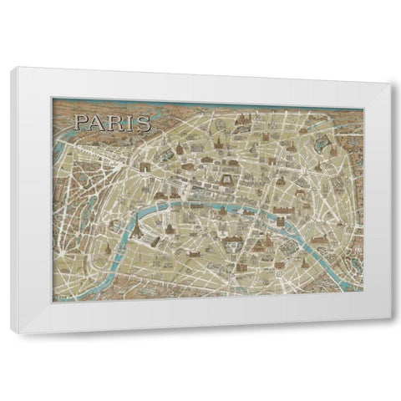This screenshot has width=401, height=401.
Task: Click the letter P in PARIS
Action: click(x=81, y=123)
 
